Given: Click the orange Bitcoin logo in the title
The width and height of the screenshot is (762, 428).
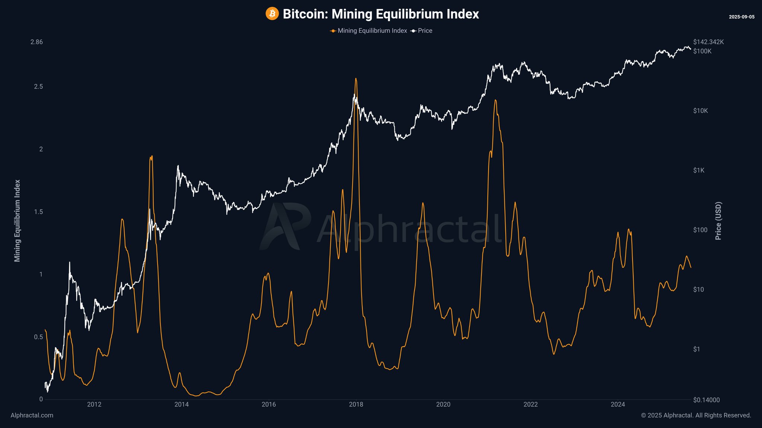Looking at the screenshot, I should tap(272, 14).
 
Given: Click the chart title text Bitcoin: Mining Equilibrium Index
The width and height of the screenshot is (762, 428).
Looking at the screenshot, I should tap(381, 14).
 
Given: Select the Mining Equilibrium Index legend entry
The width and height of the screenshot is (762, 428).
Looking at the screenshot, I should tap(372, 31).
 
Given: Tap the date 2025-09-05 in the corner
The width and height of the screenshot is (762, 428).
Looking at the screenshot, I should tap(742, 17).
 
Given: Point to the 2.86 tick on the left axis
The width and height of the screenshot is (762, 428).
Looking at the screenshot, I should tap(36, 42).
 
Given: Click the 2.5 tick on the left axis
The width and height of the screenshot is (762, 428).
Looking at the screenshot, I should tap(38, 87).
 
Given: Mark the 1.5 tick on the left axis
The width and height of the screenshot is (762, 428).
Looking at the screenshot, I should tap(38, 212).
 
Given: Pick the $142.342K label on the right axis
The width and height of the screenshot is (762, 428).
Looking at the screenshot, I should tap(708, 42).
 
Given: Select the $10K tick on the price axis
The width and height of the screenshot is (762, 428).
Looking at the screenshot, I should tap(700, 111).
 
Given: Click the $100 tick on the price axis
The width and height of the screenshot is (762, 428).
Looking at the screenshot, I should tap(700, 230).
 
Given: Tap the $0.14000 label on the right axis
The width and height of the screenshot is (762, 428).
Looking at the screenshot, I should tap(706, 400).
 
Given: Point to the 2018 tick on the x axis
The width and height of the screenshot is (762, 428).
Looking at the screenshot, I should tap(356, 405).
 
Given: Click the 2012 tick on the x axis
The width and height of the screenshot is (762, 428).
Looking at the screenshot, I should tap(94, 405).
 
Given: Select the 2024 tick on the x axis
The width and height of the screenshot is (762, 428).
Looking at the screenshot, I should tap(618, 405).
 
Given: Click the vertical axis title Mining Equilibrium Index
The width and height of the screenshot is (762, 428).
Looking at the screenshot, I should tap(17, 221).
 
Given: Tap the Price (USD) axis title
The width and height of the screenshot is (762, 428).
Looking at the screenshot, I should tap(718, 221).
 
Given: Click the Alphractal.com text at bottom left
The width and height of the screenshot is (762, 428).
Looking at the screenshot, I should tap(32, 415).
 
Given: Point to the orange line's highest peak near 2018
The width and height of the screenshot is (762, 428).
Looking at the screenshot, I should tap(356, 78).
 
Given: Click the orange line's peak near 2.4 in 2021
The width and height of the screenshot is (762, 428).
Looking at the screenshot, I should tap(495, 100).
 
